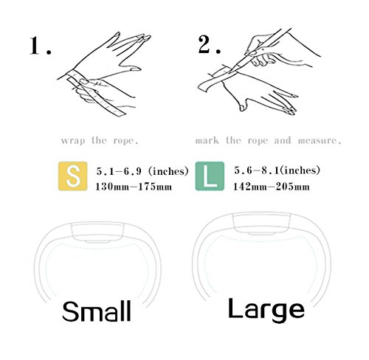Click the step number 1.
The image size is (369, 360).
41,46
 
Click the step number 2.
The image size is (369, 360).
210,44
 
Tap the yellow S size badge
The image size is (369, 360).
72,176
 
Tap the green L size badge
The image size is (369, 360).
210,176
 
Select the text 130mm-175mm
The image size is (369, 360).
134,187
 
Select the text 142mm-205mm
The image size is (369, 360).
272,187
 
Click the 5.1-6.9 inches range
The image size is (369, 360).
142,171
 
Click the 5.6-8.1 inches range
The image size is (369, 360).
277,170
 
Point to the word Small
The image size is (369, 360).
96,311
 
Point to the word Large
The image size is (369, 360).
266,310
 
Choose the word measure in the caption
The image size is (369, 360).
320,141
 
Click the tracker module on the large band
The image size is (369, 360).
262,224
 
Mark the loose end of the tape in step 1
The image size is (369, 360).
120,113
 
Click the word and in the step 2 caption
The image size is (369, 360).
283,140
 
